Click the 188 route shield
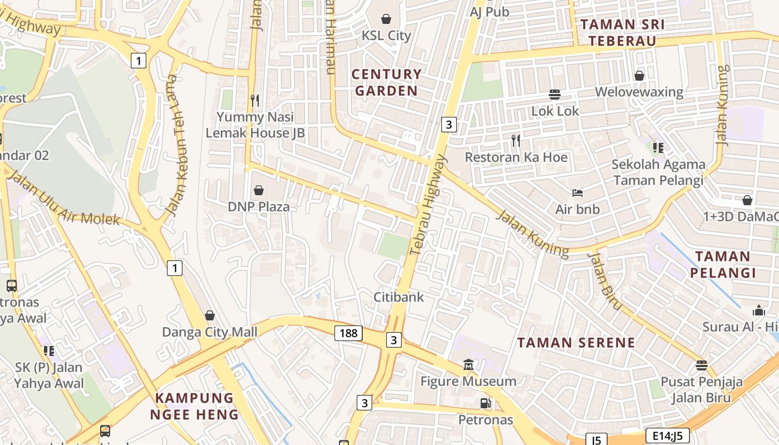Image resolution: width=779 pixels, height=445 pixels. coord(349,333)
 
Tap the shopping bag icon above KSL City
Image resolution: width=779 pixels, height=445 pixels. coord(386,19)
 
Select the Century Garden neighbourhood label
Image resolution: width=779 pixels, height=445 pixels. coord(386,82)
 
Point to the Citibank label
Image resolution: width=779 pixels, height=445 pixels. coord(398,297)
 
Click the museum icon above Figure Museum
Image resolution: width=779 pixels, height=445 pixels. coord(469,365)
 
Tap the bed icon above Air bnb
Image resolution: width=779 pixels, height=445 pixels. coord(578,193)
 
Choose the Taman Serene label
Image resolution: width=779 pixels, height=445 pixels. coord(576,342)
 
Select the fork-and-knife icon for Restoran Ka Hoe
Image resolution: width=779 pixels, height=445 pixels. coord(516,141)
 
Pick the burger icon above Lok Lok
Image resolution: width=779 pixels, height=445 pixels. coord(555,94)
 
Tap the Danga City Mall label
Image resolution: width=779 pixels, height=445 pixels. coord(210,332)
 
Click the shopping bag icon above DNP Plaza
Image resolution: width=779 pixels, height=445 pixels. coord(259,190)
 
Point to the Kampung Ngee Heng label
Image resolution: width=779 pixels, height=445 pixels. coord(194,406)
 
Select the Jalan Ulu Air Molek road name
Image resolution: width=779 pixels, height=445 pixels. coord(65,200)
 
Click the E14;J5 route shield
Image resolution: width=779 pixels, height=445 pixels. coord(668,435)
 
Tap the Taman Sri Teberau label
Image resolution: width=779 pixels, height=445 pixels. coord(622,32)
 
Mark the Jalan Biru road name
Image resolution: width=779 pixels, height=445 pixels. coord(604,280)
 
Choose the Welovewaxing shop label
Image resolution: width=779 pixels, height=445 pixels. coord(639,92)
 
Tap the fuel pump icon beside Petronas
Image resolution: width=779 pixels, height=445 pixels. coord(486,403)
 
